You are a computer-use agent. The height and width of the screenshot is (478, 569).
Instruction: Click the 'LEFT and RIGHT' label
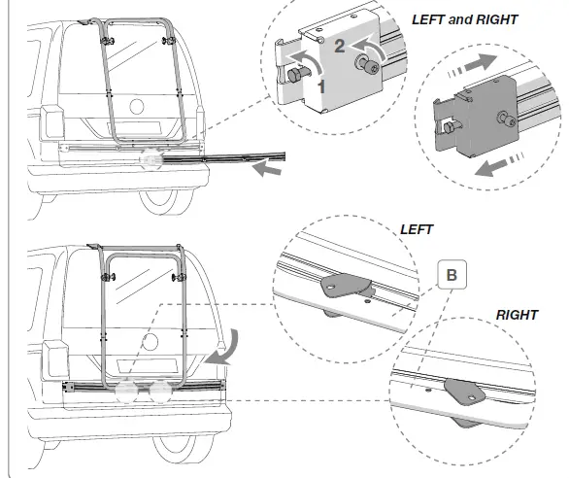[x=465, y=19]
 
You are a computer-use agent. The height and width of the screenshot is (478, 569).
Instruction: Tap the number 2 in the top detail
[x=338, y=44]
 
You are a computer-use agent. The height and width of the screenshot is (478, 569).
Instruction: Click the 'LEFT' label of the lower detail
[x=417, y=230]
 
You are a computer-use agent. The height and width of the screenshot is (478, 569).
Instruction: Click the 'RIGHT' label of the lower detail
[x=518, y=316]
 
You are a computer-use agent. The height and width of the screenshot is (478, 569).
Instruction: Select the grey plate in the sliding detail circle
[x=480, y=120]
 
